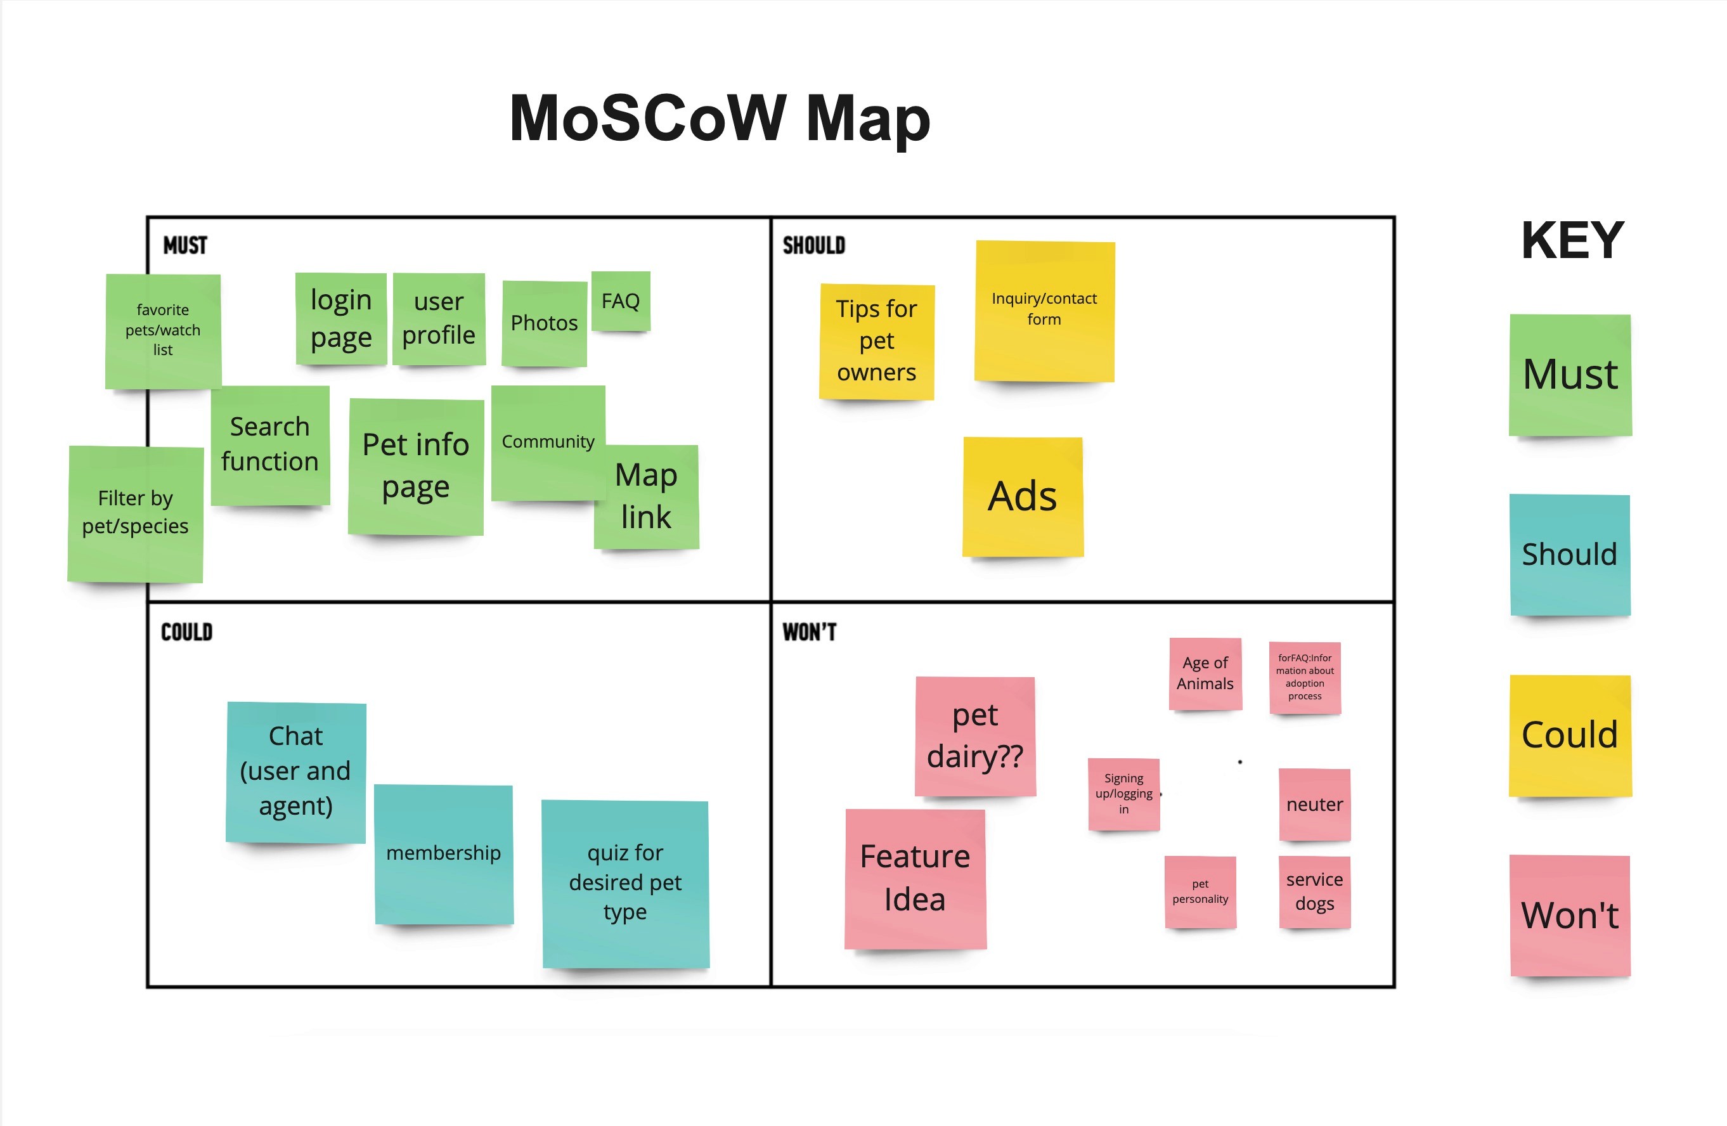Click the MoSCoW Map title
pos(719,119)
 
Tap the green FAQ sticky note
pos(621,301)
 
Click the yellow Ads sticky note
pos(1023,496)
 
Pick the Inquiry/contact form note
pos(1044,311)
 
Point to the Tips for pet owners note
pos(877,341)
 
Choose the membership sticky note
pos(443,854)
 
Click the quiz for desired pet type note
pos(624,883)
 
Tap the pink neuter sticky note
pos(1314,805)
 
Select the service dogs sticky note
pos(1314,891)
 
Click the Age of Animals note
pos(1205,673)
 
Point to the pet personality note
pos(1200,891)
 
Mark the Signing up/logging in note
pos(1123,794)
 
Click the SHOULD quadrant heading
pos(813,246)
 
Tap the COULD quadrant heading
pos(186,632)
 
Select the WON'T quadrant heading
pos(809,632)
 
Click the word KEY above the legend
pos(1572,240)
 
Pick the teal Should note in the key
pos(1570,555)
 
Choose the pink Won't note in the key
pos(1570,916)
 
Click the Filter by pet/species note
pos(135,513)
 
